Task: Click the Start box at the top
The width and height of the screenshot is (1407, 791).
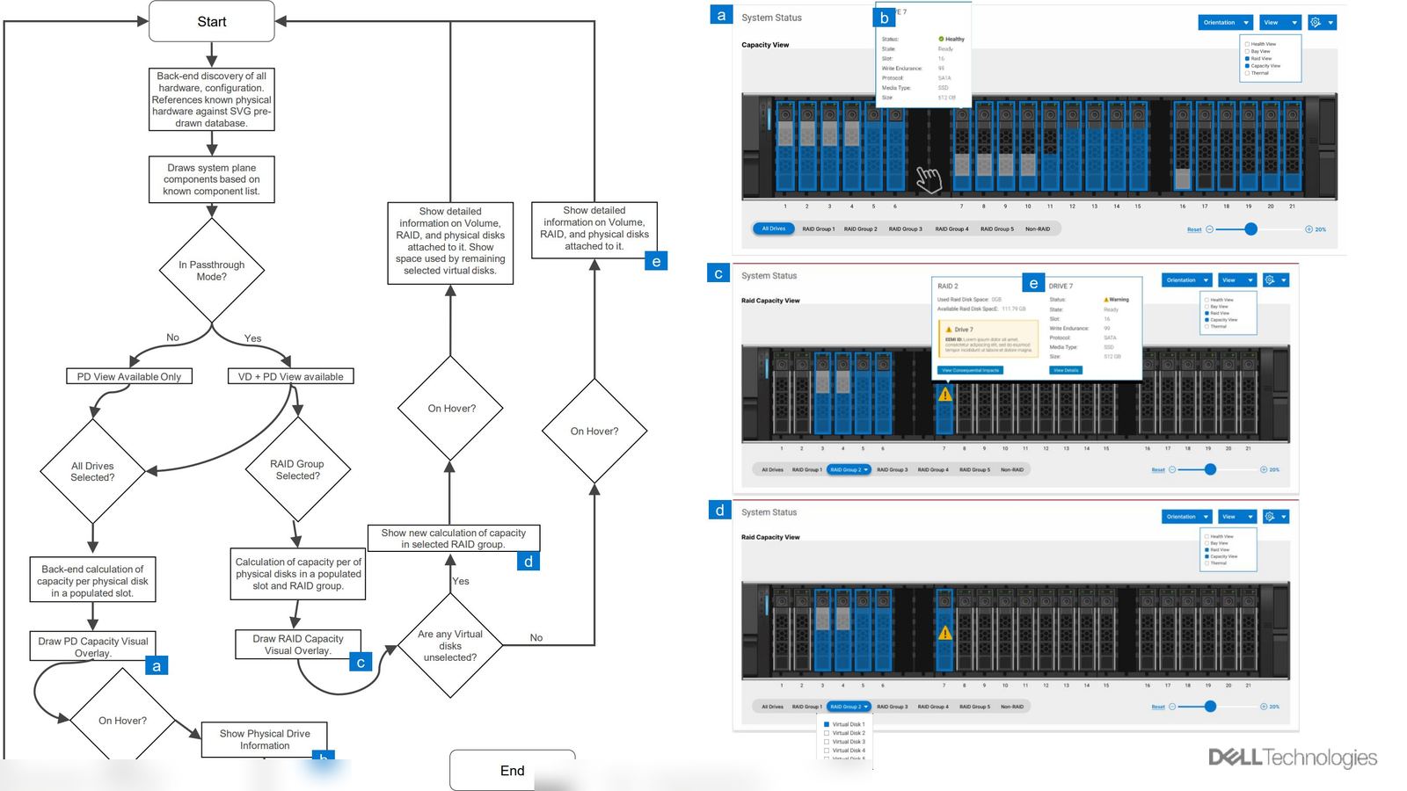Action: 211,21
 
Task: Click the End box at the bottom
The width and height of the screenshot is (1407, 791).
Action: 512,770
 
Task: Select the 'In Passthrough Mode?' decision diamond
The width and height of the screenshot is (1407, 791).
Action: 211,271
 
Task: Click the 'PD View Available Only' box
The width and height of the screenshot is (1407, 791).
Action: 129,376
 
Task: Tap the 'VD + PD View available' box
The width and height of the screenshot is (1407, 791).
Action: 290,376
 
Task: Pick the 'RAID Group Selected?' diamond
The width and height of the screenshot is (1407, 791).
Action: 297,470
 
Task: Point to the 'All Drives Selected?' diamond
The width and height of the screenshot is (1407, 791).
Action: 92,472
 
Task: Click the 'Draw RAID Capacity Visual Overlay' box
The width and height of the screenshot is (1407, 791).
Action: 297,644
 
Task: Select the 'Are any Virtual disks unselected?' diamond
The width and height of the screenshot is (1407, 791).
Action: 450,646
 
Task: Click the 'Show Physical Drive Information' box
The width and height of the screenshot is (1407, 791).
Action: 264,739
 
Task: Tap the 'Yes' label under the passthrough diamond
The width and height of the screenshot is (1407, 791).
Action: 252,338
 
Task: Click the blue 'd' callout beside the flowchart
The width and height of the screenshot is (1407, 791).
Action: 528,562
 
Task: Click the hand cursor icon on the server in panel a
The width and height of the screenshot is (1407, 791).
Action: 929,178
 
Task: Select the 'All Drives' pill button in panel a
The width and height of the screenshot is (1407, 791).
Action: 773,229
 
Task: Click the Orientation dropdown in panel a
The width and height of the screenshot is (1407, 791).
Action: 1225,23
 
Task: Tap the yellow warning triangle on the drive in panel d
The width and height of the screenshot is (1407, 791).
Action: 944,632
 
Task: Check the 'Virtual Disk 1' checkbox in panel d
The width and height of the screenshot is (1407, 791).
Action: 827,724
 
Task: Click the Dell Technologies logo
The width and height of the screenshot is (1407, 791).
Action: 1292,758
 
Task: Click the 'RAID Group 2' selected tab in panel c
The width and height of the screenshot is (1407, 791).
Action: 849,469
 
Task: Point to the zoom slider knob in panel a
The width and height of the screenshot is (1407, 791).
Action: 1250,229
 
